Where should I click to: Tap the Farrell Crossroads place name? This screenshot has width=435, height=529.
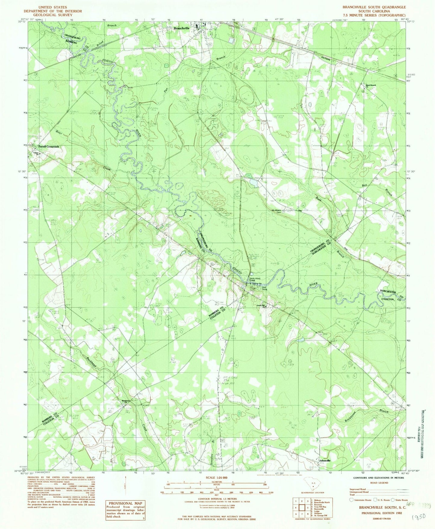tap(48, 147)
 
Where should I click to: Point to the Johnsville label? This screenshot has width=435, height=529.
tap(325, 461)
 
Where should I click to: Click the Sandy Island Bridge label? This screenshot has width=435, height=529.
tap(254, 280)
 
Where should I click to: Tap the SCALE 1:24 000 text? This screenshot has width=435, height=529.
tap(216, 478)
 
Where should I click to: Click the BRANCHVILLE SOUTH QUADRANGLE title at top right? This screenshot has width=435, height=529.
tap(374, 7)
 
